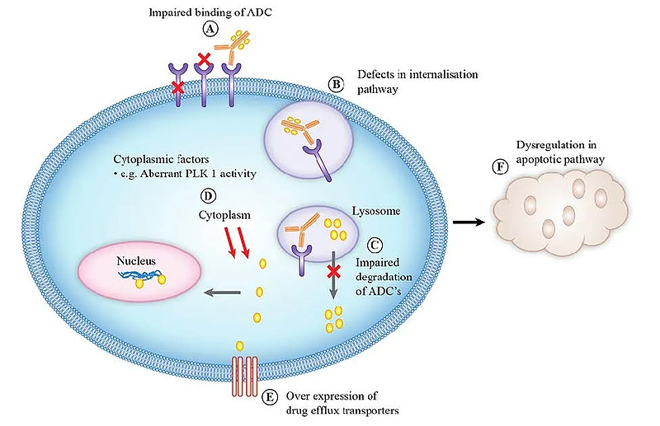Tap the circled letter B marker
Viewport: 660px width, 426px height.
[x=336, y=84]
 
